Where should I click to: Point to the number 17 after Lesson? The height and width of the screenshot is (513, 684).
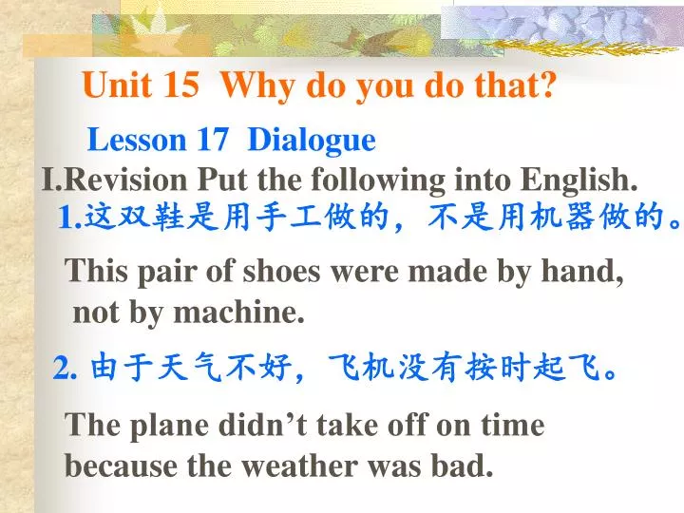(x=212, y=141)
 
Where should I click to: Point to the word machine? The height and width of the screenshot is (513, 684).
(x=253, y=312)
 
